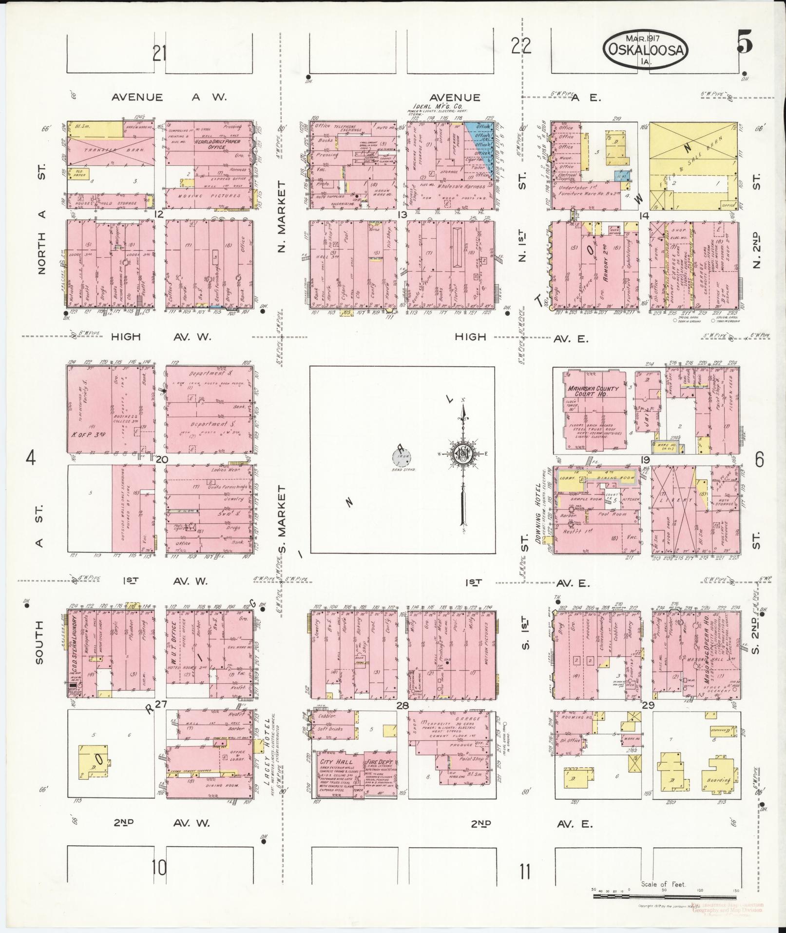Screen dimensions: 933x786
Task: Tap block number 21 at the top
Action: click(159, 53)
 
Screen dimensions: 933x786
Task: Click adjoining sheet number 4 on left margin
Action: click(31, 458)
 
